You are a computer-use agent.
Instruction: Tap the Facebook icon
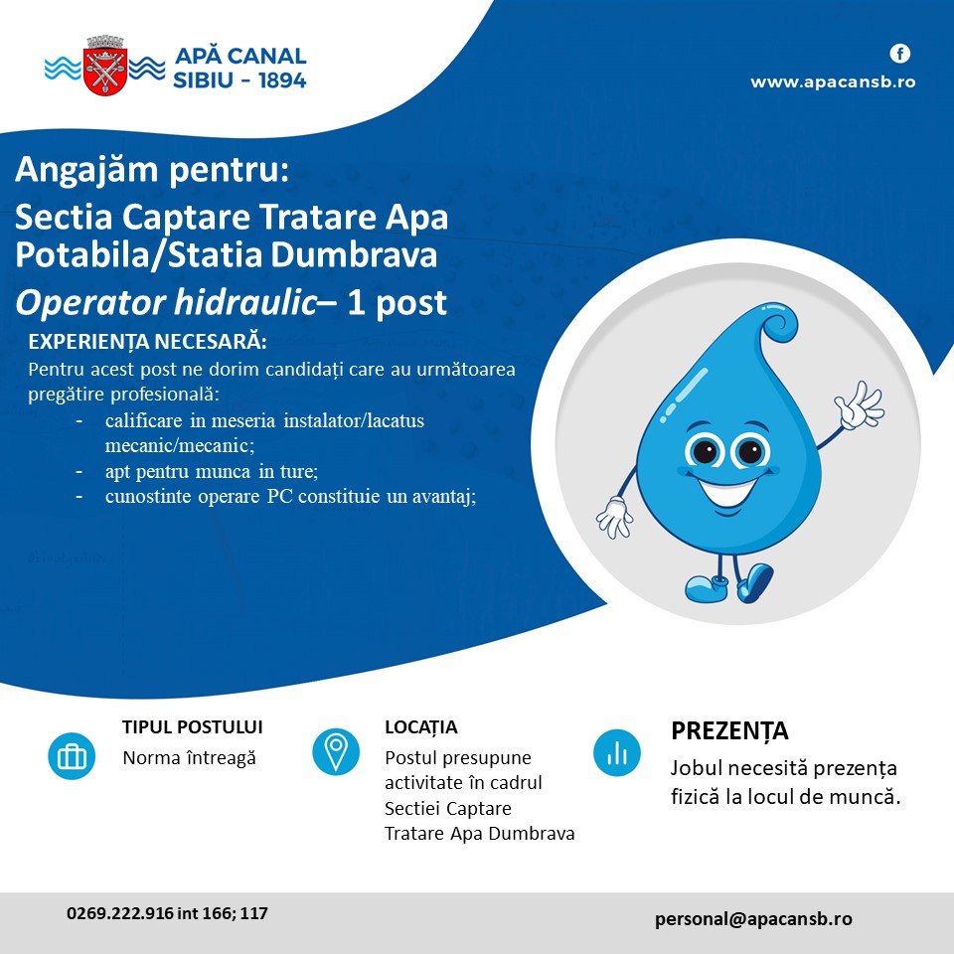pos(900,54)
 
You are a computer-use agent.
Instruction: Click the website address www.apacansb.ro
pos(833,82)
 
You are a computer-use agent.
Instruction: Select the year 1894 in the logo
pos(281,80)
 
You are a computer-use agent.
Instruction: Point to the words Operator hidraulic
pos(166,302)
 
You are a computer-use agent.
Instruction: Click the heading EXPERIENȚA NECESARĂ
pos(147,341)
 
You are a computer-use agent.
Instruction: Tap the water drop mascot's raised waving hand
pos(859,404)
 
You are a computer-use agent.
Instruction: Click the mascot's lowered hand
pos(614,517)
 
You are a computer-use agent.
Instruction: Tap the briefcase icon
pos(72,756)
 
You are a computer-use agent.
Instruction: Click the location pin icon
pos(336,751)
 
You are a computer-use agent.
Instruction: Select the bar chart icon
pos(617,752)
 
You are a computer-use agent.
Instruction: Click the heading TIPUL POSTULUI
pos(192,727)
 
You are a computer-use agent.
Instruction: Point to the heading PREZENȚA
pos(729,731)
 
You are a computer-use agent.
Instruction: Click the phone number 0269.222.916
pos(120,913)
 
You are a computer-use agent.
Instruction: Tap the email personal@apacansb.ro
pos(753,918)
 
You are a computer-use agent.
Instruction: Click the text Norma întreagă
pos(189,758)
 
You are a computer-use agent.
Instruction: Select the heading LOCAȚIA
pos(421,727)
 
